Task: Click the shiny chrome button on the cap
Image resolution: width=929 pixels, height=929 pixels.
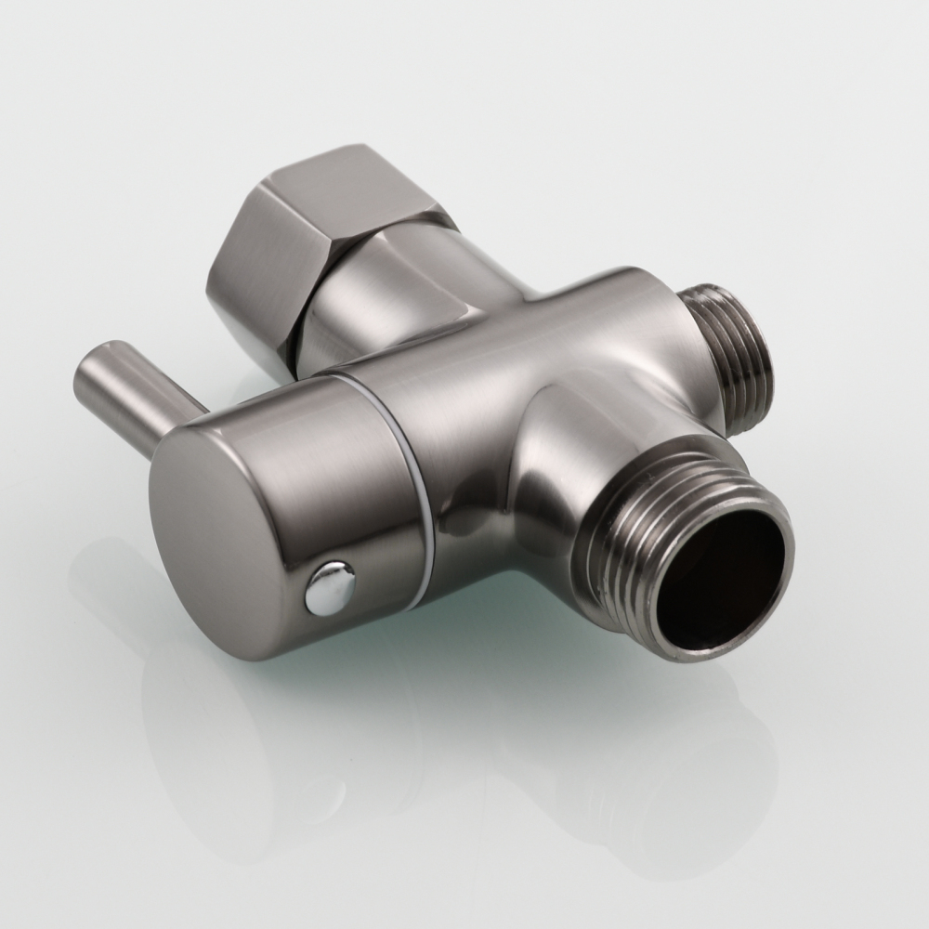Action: (332, 587)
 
